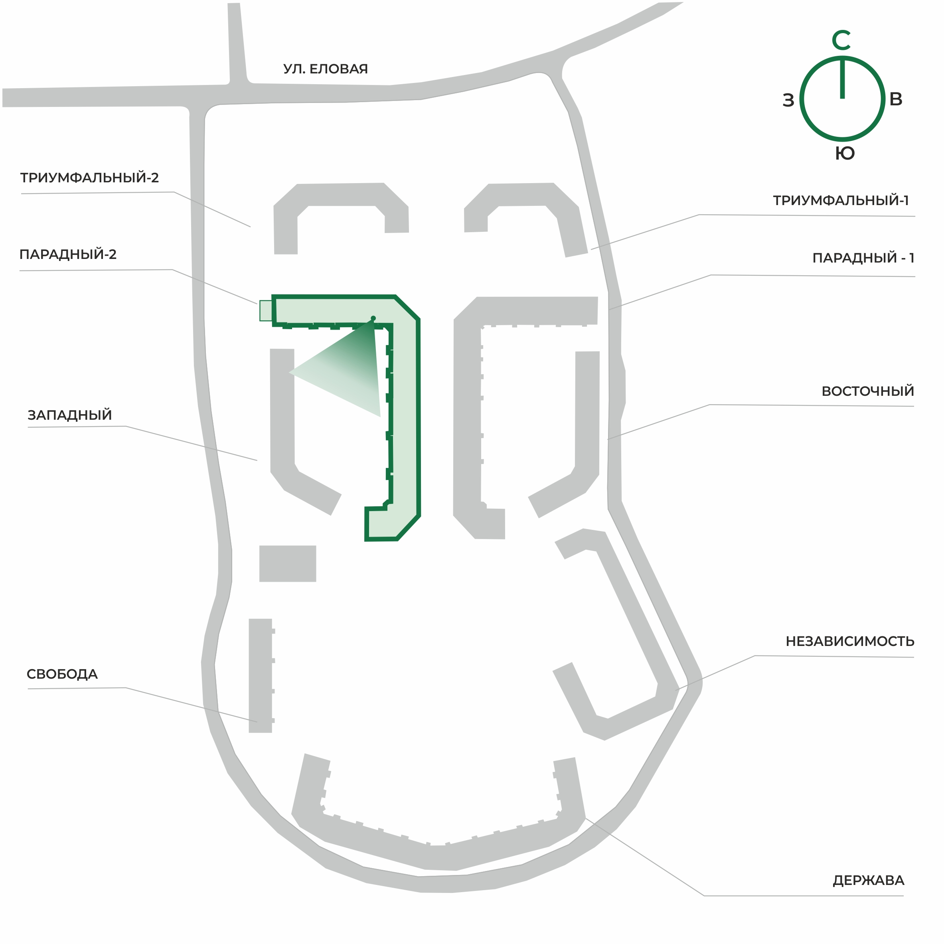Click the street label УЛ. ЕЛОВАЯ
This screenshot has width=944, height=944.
coord(326,69)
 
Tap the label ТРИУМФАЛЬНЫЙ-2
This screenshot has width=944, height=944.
coord(89,178)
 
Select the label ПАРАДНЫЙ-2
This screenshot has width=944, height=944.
coord(68,254)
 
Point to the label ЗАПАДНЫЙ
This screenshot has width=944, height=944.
coord(70,415)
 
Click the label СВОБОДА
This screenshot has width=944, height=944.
coord(62,674)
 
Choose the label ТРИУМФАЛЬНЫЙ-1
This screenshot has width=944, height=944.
coord(840,200)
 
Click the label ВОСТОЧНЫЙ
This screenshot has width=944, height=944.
coord(867,391)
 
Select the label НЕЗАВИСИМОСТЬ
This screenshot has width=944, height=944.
coord(850,641)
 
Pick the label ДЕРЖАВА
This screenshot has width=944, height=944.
coord(868,881)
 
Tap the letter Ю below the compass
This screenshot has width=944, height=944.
coord(845,154)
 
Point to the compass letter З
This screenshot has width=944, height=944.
coord(788,100)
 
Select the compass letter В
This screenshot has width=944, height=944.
coord(896,99)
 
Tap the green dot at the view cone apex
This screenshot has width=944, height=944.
coord(373,318)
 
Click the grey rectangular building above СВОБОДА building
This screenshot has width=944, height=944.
coord(288,563)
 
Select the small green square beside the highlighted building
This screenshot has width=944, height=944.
coord(266,311)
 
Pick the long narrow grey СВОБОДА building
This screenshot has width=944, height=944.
coord(261,676)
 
